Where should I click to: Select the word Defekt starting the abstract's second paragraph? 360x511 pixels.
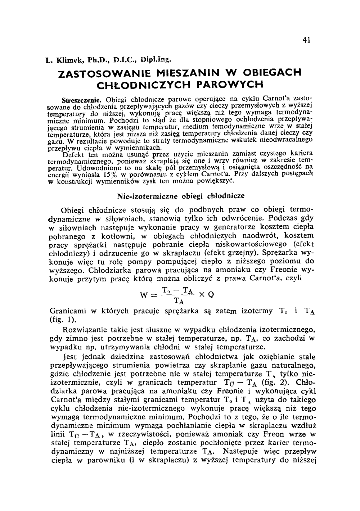click(x=72, y=155)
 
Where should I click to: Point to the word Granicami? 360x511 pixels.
click(x=67, y=311)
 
